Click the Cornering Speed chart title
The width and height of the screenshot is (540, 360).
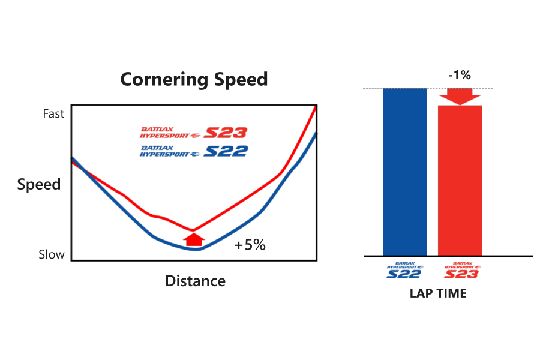tap(194, 79)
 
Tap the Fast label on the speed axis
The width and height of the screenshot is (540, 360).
tap(53, 113)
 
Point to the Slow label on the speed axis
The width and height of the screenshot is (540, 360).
tap(52, 254)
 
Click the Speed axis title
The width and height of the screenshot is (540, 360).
tap(39, 184)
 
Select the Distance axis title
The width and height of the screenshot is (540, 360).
tap(195, 281)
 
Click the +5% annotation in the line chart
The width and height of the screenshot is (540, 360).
tap(250, 245)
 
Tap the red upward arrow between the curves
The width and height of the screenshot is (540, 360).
tap(193, 239)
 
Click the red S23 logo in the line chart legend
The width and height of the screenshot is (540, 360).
tap(193, 133)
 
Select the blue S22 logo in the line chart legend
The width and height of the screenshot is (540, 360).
tap(193, 151)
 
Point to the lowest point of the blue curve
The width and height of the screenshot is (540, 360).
tap(196, 249)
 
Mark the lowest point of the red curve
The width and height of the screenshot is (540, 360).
tap(193, 230)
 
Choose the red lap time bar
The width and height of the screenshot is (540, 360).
tap(460, 180)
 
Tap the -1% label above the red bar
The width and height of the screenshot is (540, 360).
tap(459, 77)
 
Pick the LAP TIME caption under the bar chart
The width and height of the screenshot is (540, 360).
tap(438, 293)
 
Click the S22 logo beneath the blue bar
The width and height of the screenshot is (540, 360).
tap(404, 271)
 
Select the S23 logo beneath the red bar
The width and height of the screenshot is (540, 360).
tap(461, 271)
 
